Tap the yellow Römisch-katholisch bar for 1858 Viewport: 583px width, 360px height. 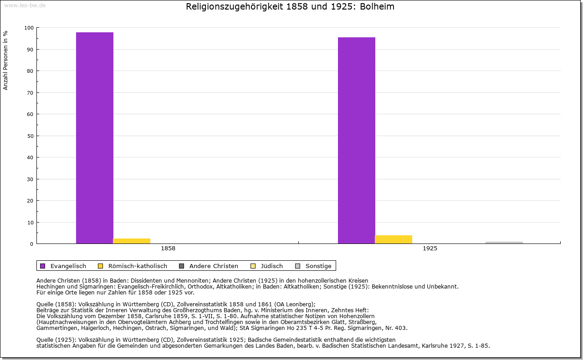[132, 241]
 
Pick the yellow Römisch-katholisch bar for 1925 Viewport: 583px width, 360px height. [394, 239]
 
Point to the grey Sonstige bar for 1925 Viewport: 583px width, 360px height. [504, 243]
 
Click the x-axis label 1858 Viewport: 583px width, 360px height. [168, 249]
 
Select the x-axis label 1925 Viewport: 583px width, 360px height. [430, 249]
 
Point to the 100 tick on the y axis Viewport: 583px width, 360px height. [29, 28]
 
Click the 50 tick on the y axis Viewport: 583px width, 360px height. [30, 136]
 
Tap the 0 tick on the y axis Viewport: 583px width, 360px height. [31, 244]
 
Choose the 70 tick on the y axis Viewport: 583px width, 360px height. [30, 93]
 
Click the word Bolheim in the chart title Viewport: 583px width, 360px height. [378, 7]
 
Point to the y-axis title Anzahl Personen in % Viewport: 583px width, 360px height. [5, 61]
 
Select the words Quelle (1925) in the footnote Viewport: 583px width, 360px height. [56, 340]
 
